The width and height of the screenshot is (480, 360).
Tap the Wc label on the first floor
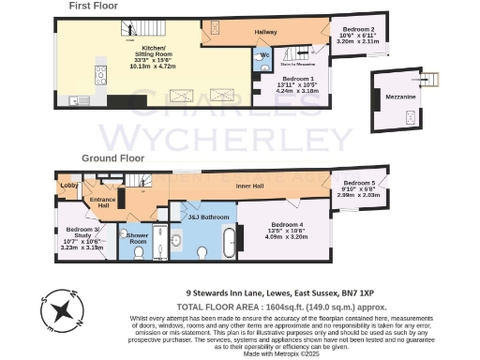pyautogui.click(x=265, y=54)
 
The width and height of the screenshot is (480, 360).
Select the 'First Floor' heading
pyautogui.click(x=93, y=7)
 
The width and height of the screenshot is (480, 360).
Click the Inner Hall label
pyautogui.click(x=248, y=187)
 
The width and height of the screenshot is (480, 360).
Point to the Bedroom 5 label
pyautogui.click(x=359, y=182)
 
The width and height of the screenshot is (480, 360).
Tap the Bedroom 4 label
pyautogui.click(x=286, y=225)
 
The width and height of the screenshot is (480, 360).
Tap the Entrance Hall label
pyautogui.click(x=101, y=202)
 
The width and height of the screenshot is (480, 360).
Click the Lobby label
pyautogui.click(x=69, y=186)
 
